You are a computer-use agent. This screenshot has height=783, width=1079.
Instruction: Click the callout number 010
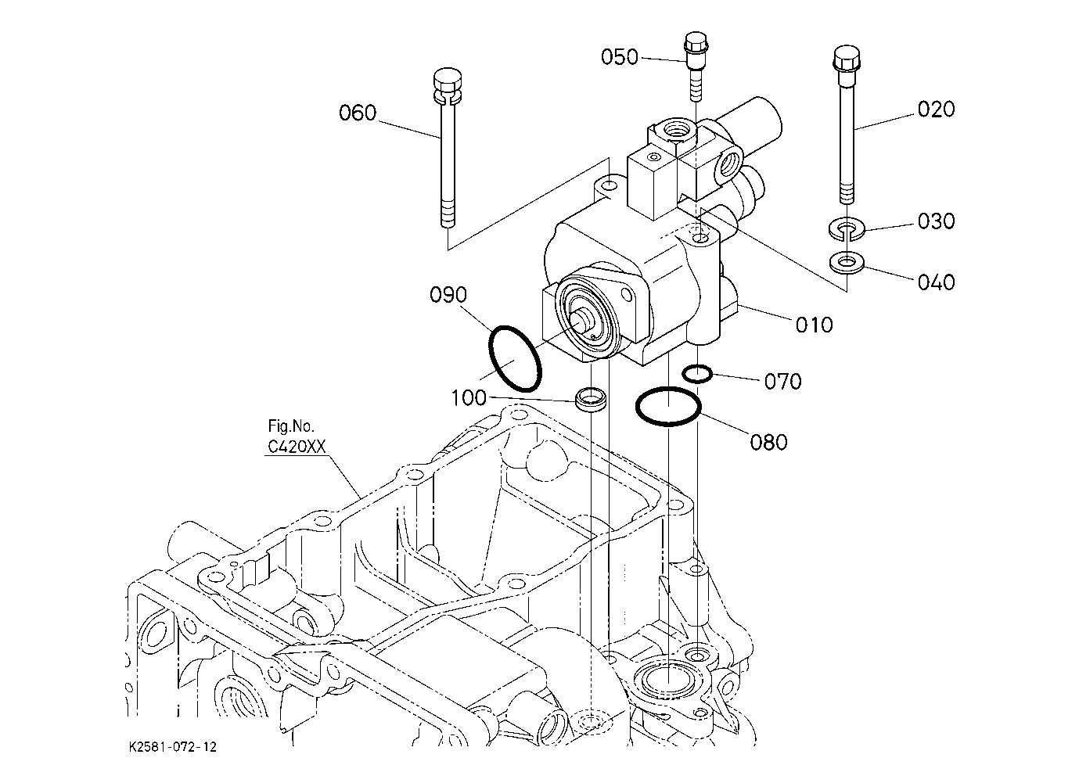[814, 325]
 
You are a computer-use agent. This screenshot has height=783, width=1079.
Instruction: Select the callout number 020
[936, 110]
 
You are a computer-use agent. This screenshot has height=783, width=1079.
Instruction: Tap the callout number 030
[936, 221]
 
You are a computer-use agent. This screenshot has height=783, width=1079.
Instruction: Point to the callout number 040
[936, 282]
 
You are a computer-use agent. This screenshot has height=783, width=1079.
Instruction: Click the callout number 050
[620, 57]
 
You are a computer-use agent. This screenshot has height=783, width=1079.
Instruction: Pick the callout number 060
[358, 113]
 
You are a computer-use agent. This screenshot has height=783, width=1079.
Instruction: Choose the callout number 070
[783, 382]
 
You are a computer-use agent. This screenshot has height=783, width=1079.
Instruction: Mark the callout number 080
[769, 442]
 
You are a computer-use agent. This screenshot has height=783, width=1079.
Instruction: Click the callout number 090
[448, 295]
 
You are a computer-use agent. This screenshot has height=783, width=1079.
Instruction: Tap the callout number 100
[468, 398]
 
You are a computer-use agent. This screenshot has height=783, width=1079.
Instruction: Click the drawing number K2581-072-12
[173, 747]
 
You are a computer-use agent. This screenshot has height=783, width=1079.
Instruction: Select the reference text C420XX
[297, 447]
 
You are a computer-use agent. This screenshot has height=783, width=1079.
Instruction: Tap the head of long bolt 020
[847, 58]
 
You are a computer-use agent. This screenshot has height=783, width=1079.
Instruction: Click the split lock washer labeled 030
[847, 228]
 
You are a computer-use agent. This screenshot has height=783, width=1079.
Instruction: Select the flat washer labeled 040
[847, 263]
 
